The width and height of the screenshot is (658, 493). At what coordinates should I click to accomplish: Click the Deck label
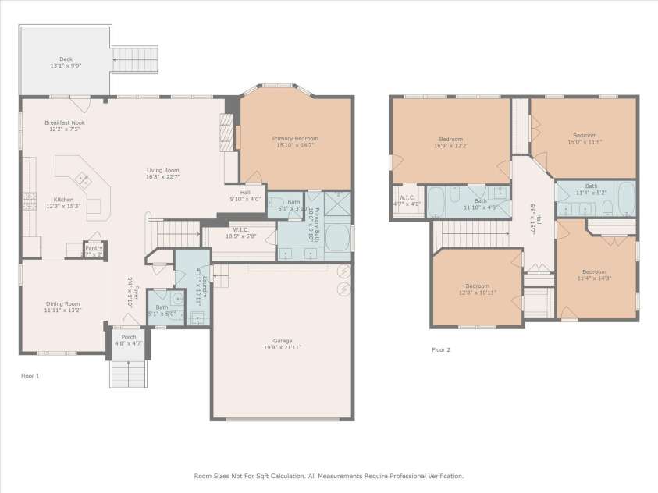pyautogui.click(x=66, y=59)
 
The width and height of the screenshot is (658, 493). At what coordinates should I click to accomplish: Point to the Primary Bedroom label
pyautogui.click(x=295, y=138)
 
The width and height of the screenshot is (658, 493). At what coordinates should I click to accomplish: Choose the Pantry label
pyautogui.click(x=94, y=249)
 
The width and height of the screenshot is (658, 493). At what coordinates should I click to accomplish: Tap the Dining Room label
pyautogui.click(x=61, y=303)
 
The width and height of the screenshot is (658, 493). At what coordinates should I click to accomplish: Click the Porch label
pyautogui.click(x=129, y=338)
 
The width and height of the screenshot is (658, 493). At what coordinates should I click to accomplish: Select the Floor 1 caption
pyautogui.click(x=30, y=376)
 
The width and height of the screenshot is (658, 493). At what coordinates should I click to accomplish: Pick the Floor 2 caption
pyautogui.click(x=441, y=349)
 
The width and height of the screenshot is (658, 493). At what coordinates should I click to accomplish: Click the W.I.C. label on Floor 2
pyautogui.click(x=407, y=197)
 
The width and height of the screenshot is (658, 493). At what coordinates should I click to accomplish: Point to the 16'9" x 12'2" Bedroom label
pyautogui.click(x=450, y=139)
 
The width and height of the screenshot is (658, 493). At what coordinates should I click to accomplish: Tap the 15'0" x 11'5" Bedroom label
pyautogui.click(x=584, y=135)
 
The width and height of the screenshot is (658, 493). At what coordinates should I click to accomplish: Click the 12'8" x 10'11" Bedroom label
pyautogui.click(x=478, y=286)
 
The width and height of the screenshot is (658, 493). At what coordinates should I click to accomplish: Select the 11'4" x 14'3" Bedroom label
pyautogui.click(x=595, y=273)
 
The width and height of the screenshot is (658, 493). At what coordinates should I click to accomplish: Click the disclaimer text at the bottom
pyautogui.click(x=329, y=475)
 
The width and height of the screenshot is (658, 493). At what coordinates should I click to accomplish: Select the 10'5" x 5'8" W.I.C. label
pyautogui.click(x=240, y=232)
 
